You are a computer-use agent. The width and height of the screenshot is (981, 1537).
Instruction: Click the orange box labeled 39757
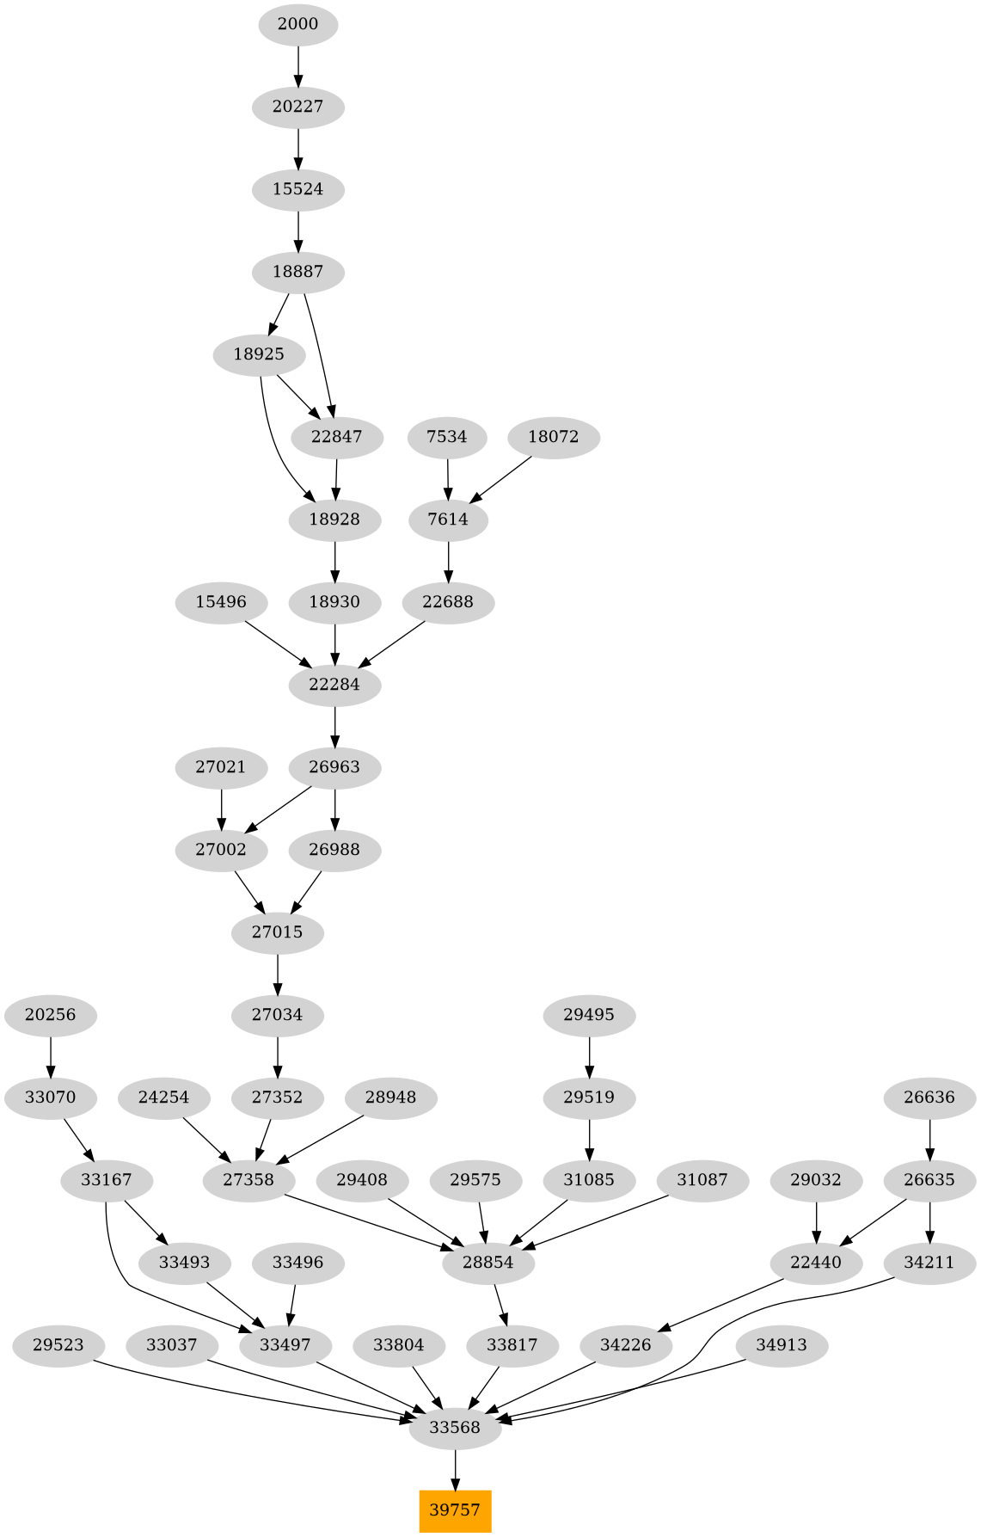(x=455, y=1510)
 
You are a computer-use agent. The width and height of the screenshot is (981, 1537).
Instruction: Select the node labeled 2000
(x=298, y=24)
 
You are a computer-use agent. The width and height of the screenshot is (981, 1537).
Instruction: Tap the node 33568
(x=455, y=1428)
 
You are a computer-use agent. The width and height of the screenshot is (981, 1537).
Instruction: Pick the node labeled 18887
(x=298, y=272)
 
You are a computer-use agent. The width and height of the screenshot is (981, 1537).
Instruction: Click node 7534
(x=447, y=437)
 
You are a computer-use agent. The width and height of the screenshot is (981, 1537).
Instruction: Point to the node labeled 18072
(x=554, y=437)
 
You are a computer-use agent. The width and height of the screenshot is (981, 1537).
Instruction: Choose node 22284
(x=334, y=685)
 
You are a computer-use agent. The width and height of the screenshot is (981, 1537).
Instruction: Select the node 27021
(x=221, y=767)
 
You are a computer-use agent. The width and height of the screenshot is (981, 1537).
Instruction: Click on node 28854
(x=488, y=1263)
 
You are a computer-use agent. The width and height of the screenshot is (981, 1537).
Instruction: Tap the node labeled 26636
(x=930, y=1097)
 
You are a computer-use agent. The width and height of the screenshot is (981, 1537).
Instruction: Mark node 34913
(x=782, y=1345)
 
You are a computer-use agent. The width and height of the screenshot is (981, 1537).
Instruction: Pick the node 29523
(x=58, y=1345)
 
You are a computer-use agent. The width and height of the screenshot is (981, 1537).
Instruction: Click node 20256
(x=51, y=1015)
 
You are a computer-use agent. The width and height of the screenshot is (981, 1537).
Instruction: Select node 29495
(x=589, y=1015)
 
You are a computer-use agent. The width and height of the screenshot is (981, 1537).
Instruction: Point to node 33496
(x=297, y=1263)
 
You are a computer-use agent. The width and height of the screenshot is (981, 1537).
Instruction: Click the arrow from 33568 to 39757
(x=455, y=1469)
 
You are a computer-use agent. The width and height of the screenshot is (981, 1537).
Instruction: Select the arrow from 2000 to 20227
(x=298, y=65)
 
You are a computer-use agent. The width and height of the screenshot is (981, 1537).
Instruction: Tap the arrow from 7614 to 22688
(x=448, y=562)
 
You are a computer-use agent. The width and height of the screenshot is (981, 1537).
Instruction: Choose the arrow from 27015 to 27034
(x=278, y=974)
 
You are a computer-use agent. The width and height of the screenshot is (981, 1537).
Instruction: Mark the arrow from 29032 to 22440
(x=816, y=1221)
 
